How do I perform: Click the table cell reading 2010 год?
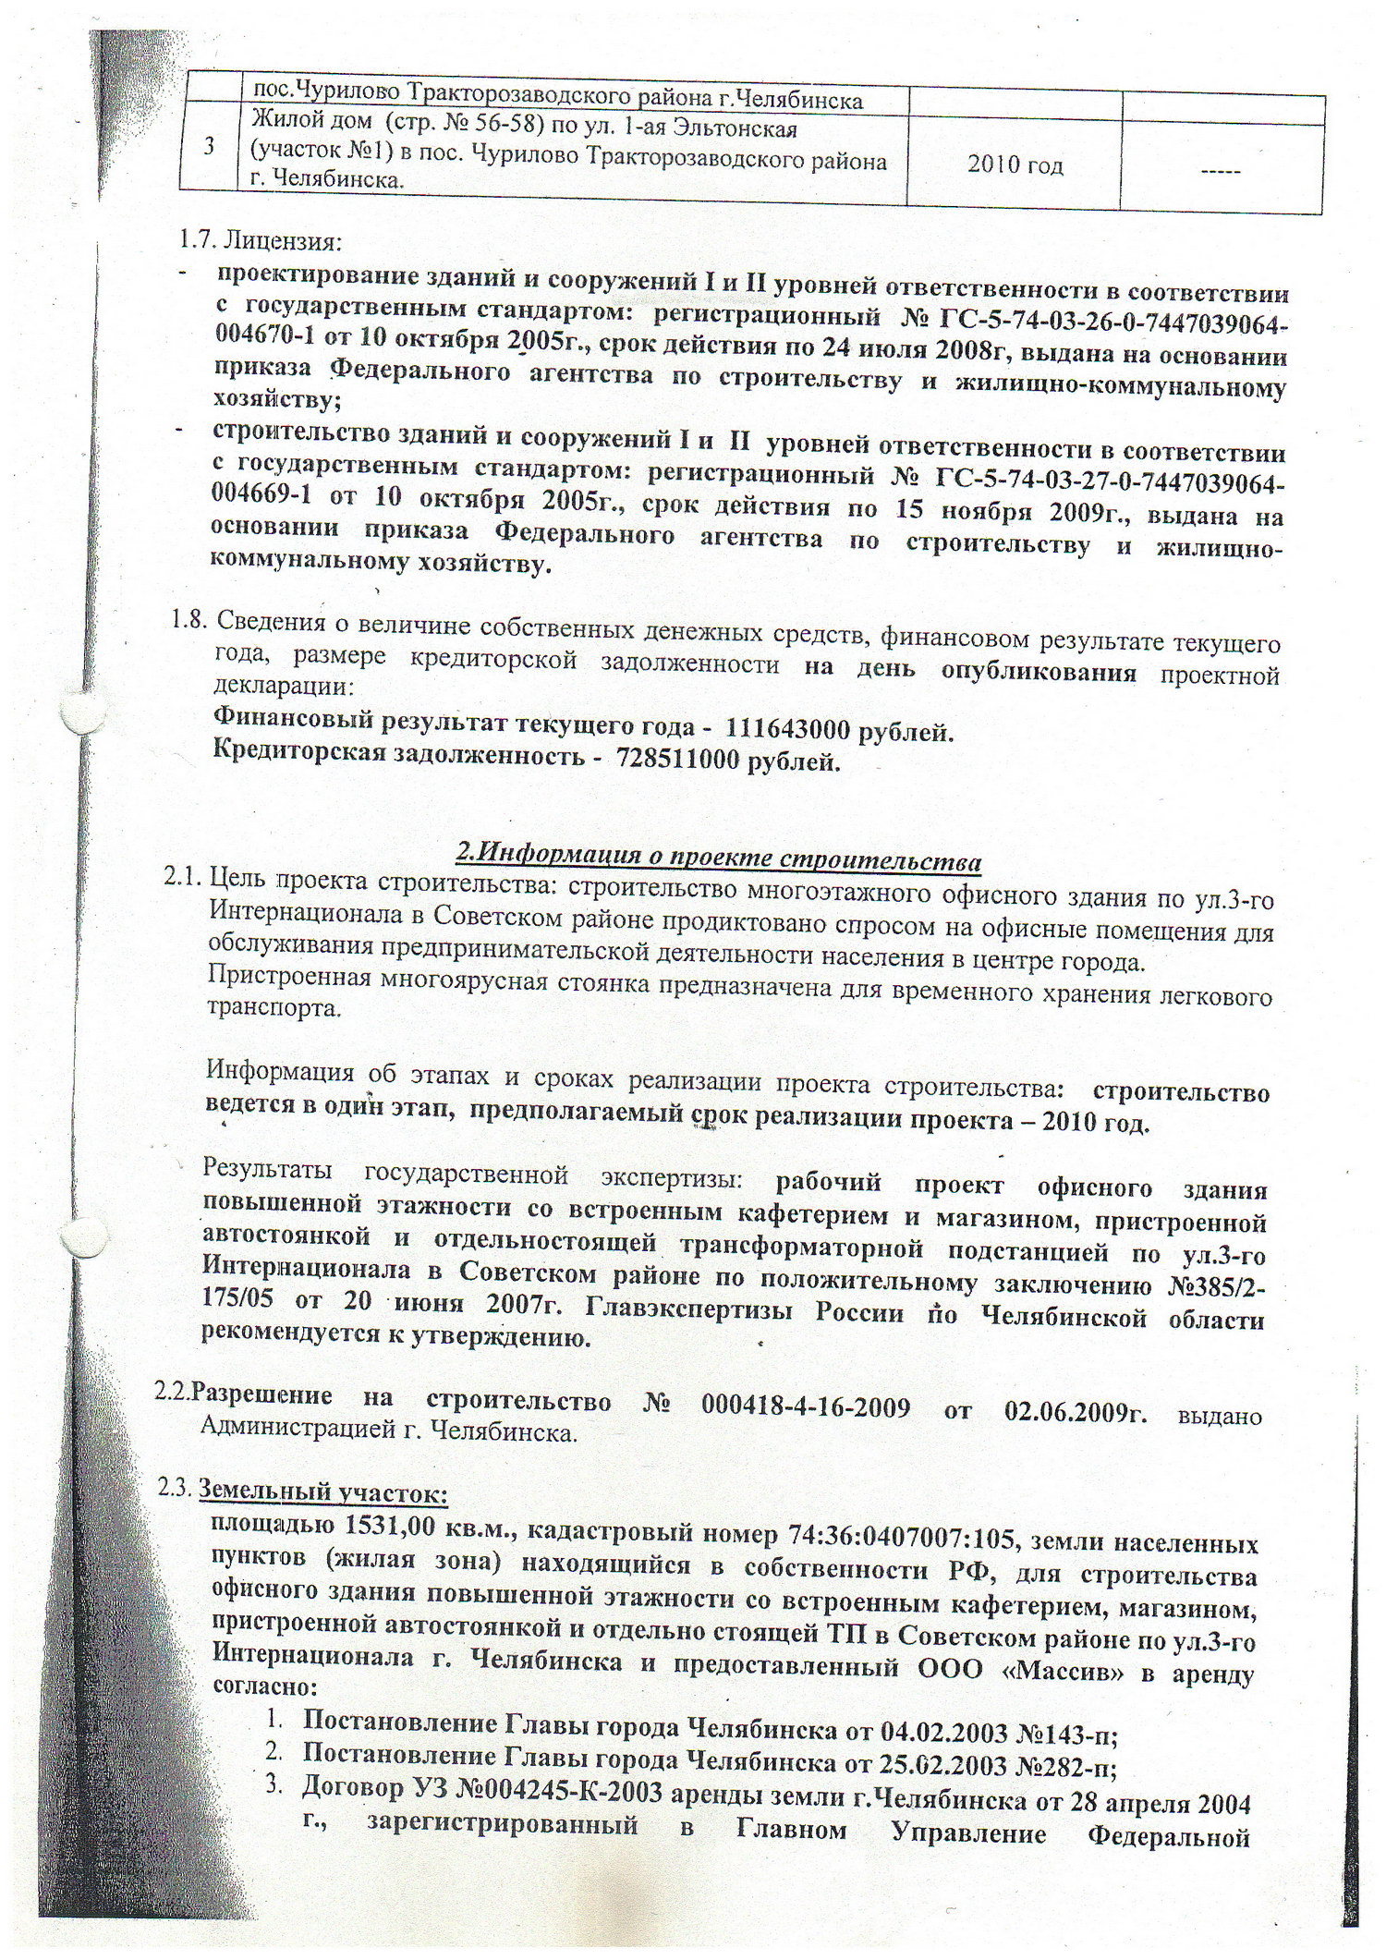1015,165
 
